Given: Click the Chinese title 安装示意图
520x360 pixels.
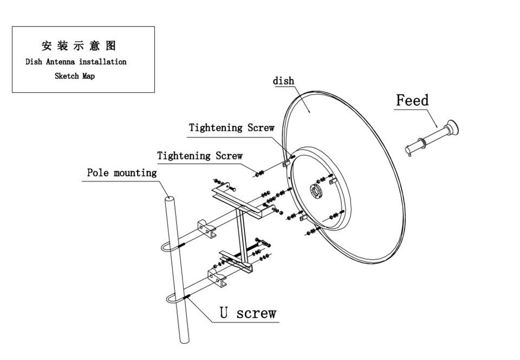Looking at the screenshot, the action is tap(79, 46).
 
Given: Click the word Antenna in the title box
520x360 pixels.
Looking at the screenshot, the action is tap(60, 62).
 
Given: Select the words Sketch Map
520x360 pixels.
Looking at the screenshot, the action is tap(75, 76).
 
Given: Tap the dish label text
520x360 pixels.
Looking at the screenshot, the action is tap(283, 81).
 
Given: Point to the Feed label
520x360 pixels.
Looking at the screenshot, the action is tap(412, 100).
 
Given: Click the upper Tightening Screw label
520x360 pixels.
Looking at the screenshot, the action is tap(231, 128).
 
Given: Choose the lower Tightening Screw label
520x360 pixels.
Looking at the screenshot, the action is tap(200, 156).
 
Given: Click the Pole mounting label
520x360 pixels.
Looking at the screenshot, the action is tap(122, 172).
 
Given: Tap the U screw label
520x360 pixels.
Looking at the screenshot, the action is tap(248, 313).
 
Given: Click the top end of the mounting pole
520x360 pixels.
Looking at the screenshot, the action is tap(169, 199).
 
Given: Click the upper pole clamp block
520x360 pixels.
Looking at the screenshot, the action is tap(206, 228).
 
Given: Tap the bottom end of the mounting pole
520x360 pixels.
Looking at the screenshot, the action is tap(184, 341).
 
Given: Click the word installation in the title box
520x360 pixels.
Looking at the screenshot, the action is tap(103, 62).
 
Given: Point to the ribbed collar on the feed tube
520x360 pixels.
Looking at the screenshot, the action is tap(422, 143).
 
